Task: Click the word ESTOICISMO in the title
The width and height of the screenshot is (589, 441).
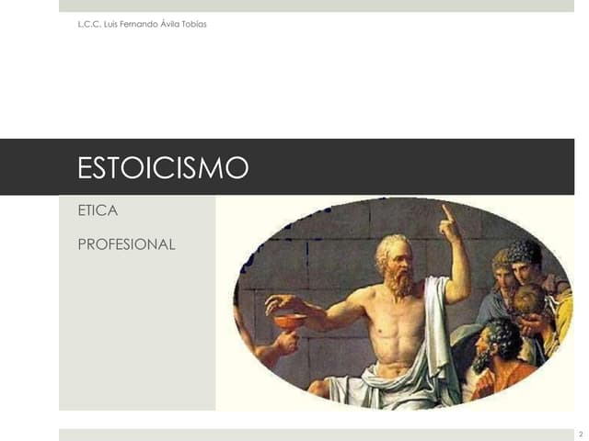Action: pyautogui.click(x=163, y=167)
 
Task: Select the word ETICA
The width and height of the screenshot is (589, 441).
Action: pyautogui.click(x=98, y=210)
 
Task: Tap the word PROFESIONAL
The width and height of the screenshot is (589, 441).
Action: pyautogui.click(x=126, y=243)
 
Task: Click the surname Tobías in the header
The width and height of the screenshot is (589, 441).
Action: pyautogui.click(x=194, y=23)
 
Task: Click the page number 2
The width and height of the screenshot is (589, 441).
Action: pyautogui.click(x=580, y=433)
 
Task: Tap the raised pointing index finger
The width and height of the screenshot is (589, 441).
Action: pyautogui.click(x=446, y=212)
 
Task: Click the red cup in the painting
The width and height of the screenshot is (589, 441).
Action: pyautogui.click(x=290, y=322)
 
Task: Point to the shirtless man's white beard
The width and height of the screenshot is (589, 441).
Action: pyautogui.click(x=400, y=282)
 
